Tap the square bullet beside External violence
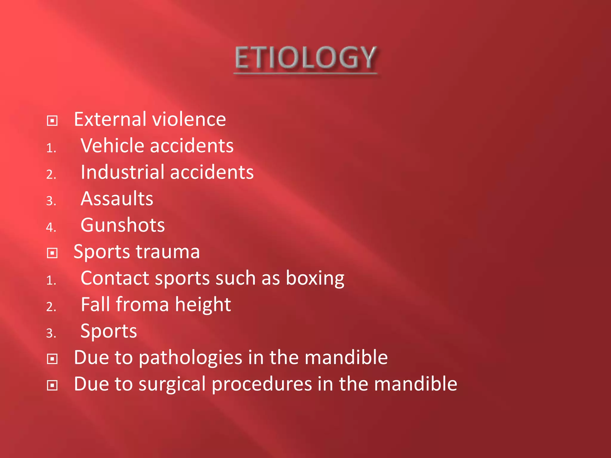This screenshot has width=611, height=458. click(52, 121)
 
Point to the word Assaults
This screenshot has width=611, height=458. click(117, 199)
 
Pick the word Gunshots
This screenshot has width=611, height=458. click(123, 225)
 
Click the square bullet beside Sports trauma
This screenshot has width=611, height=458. click(52, 253)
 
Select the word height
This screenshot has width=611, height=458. click(203, 305)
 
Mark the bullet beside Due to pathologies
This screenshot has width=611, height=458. click(52, 359)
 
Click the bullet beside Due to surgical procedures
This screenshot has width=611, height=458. click(52, 385)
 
